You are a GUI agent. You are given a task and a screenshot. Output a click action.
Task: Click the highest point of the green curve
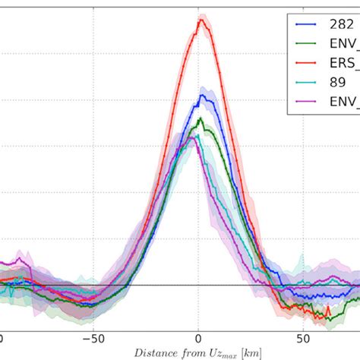click(x=200, y=119)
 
